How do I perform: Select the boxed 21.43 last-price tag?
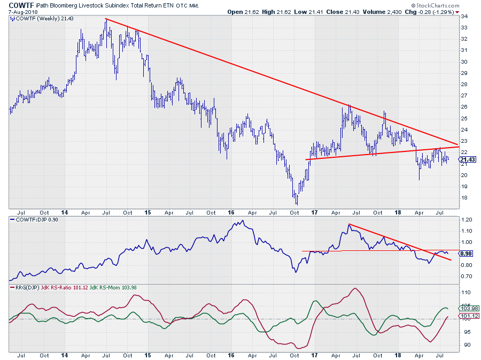(468, 159)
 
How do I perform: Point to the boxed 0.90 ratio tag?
(466, 254)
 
